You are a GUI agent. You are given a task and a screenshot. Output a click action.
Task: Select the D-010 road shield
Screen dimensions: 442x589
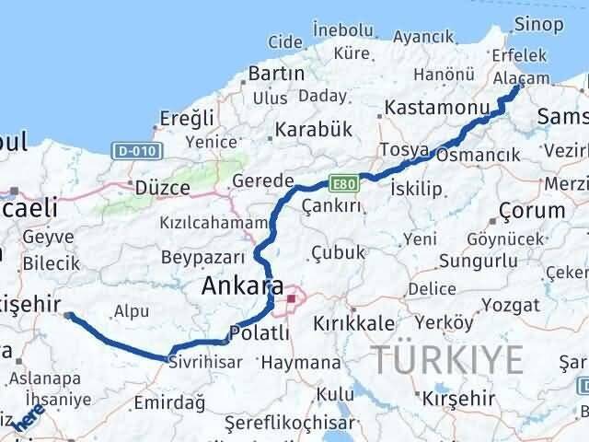click(x=135, y=149)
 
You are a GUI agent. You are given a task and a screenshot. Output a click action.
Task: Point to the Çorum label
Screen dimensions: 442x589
click(x=533, y=211)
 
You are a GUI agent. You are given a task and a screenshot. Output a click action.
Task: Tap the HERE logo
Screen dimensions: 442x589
click(x=30, y=420)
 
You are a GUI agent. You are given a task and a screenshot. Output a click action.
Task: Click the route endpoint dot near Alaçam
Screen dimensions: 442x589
click(x=517, y=87)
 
